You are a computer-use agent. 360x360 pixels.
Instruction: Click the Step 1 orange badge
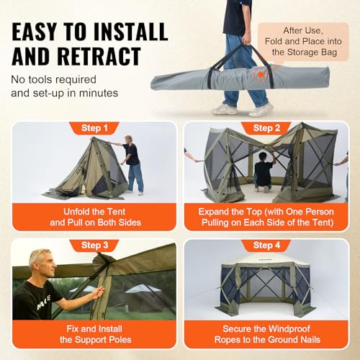(x=94, y=128)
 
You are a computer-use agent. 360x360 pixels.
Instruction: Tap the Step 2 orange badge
(x=266, y=128)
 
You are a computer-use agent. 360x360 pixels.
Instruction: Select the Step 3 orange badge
(x=94, y=246)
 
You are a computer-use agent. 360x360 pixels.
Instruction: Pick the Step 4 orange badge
(x=266, y=246)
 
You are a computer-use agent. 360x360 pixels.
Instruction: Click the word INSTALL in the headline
(x=130, y=32)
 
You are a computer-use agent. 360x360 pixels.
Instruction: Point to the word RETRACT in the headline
(x=99, y=57)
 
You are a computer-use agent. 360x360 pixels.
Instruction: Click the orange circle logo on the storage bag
(x=261, y=75)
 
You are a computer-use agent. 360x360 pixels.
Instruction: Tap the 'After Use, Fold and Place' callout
(x=303, y=42)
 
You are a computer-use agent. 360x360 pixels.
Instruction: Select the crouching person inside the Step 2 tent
(x=264, y=171)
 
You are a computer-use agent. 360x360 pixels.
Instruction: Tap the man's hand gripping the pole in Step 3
(x=98, y=293)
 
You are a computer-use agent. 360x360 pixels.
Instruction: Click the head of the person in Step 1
(x=128, y=140)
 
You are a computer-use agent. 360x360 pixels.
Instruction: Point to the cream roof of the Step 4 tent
(x=266, y=258)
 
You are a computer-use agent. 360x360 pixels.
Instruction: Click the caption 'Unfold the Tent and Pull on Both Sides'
(x=95, y=217)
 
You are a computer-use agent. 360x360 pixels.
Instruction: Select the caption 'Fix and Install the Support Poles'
(x=95, y=334)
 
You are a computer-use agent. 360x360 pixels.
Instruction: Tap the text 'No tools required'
(x=53, y=80)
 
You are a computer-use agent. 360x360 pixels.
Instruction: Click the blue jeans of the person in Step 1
(x=135, y=178)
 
